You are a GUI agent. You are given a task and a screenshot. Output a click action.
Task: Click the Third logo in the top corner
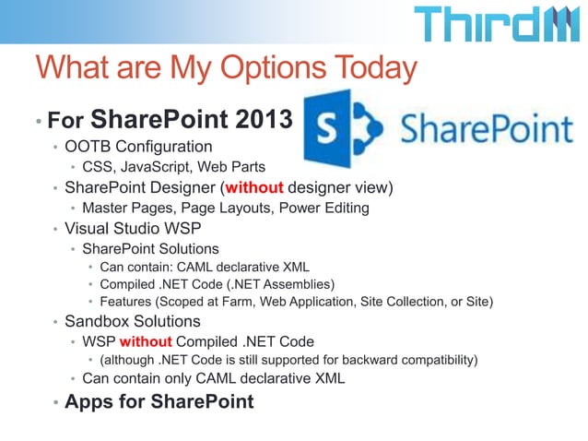coord(499,25)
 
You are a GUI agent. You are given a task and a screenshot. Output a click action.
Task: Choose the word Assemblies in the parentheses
coord(292,283)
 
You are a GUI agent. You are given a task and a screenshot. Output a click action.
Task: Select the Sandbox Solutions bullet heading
coord(132,322)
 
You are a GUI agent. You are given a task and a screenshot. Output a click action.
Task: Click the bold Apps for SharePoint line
coord(159,402)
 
